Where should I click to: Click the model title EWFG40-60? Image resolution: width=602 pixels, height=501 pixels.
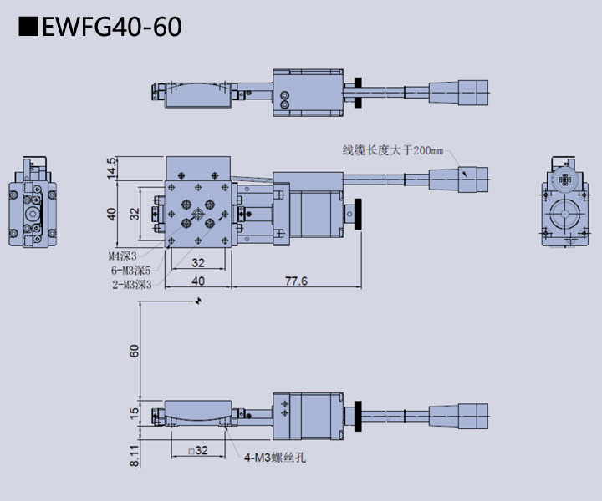coord(110,27)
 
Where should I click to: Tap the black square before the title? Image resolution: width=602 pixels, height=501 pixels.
coord(28,28)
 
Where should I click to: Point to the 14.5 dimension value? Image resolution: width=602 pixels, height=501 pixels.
coord(112,167)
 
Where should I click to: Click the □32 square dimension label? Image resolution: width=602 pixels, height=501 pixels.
coord(197,450)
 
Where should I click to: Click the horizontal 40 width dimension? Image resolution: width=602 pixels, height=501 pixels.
coord(197,281)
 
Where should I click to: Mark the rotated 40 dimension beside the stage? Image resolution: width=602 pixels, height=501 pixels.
coord(112,215)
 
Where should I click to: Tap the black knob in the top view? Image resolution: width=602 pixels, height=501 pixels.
coord(358,92)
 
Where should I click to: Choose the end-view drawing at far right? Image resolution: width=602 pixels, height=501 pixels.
coord(565,202)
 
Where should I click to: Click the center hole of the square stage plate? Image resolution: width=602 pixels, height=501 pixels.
coord(198,215)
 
